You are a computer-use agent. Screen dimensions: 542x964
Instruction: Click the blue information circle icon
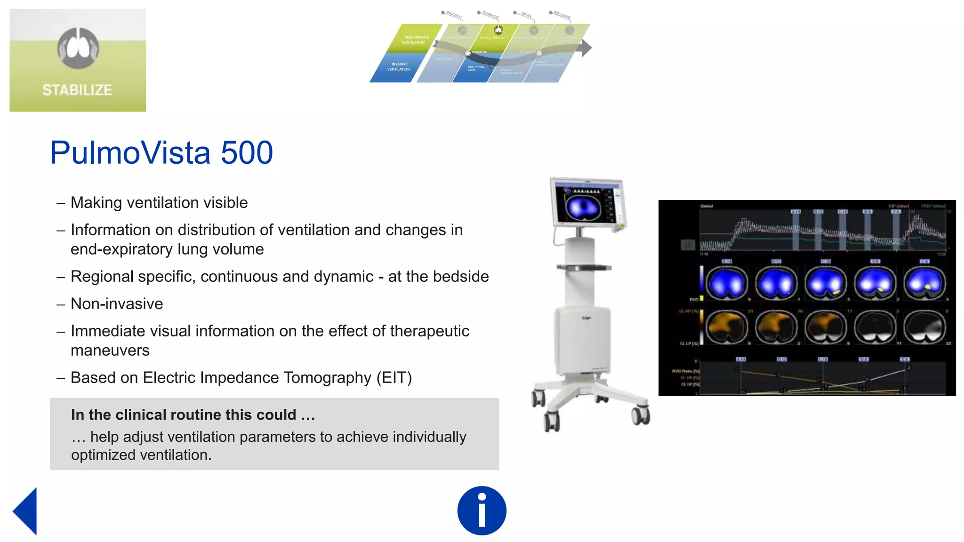point(482,510)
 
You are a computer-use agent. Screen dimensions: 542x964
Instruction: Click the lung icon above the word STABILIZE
point(78,48)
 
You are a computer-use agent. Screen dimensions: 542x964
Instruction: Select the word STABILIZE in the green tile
point(77,90)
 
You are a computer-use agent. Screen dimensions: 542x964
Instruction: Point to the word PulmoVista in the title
point(130,152)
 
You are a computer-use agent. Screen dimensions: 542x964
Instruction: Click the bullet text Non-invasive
point(117,304)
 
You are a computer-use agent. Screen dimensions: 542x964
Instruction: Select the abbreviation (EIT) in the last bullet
point(394,378)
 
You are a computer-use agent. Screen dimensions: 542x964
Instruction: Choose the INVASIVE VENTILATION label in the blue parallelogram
point(399,67)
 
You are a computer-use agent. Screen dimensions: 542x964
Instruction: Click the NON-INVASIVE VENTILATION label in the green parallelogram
point(415,40)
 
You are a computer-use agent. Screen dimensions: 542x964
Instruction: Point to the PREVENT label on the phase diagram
point(454,15)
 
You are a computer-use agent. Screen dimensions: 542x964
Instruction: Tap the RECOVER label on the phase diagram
point(562,15)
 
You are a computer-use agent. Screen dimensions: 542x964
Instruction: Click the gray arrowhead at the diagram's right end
point(586,48)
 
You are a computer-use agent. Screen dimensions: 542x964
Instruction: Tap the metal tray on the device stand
point(584,268)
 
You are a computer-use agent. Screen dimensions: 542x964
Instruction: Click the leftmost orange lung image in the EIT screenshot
point(727,327)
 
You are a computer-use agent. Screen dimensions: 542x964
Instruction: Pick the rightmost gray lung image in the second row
point(925,327)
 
